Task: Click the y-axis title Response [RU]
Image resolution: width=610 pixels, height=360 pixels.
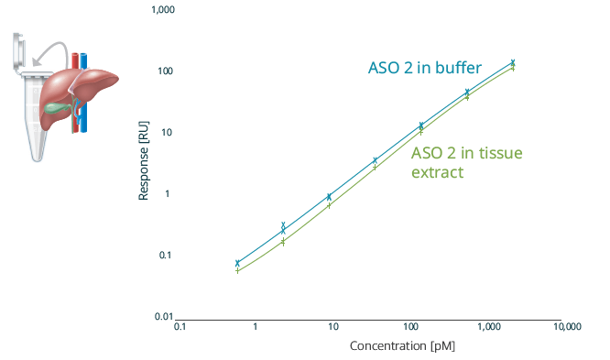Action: tap(144, 163)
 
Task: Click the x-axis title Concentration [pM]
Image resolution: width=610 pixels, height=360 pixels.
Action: tap(402, 346)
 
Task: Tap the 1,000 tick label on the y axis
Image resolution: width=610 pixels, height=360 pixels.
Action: tap(163, 10)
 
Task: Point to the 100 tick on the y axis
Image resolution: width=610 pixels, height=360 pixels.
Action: tap(166, 71)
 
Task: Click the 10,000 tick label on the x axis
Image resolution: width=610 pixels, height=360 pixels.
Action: tap(565, 327)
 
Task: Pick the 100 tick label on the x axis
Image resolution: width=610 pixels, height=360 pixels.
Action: tap(410, 327)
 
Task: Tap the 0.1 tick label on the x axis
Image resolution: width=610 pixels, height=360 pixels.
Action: tap(180, 327)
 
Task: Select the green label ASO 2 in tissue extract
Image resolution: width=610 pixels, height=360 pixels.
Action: tap(465, 161)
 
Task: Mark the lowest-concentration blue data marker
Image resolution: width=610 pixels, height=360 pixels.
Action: tap(237, 263)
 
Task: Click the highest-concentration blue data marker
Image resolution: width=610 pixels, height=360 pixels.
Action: tap(513, 62)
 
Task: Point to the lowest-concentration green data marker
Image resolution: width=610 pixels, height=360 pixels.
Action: tap(237, 270)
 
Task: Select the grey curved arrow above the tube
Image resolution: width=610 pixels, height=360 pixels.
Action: tap(53, 48)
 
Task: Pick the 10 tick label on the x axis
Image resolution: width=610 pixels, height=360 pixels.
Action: tap(333, 327)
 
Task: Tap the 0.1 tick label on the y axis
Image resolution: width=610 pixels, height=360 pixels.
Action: tap(166, 255)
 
